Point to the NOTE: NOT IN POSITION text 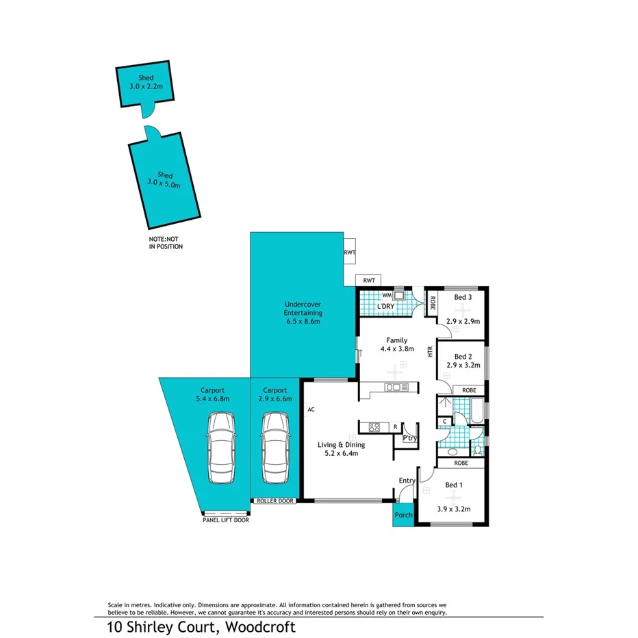(x=166, y=243)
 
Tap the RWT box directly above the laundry (x=369, y=281)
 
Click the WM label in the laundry (x=385, y=295)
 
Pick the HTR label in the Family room (x=430, y=351)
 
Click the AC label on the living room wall (x=311, y=409)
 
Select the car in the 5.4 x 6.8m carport (x=220, y=448)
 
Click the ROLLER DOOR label (x=275, y=501)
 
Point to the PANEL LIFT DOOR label (x=225, y=520)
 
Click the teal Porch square (x=403, y=515)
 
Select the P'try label (x=409, y=438)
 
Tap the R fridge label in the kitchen (x=395, y=427)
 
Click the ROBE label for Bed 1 (x=460, y=463)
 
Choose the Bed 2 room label (x=463, y=356)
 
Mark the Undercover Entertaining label (x=303, y=312)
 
